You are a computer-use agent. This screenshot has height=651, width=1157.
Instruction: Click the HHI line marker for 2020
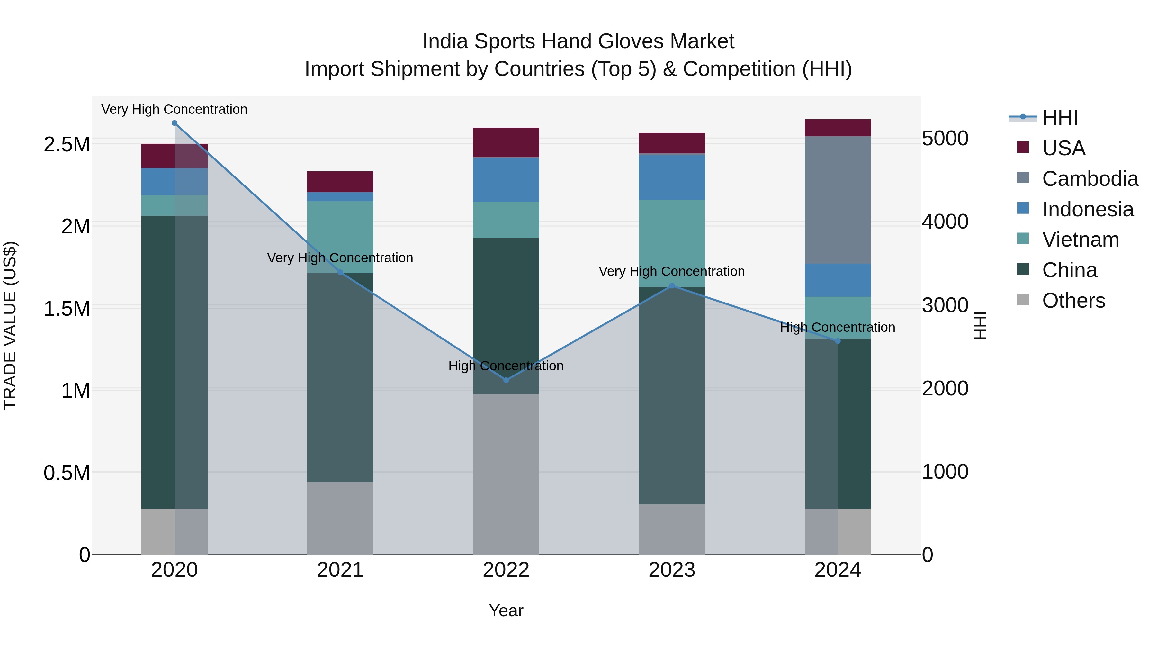tap(175, 123)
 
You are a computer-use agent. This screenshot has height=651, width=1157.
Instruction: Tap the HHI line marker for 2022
tap(506, 380)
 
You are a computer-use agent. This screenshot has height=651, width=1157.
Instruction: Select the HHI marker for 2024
tap(838, 341)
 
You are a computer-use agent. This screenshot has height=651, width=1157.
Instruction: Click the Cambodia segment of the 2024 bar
tap(838, 200)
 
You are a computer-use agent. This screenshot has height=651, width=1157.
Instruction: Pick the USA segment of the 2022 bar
tap(506, 142)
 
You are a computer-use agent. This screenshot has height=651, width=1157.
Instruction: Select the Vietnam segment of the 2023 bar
tap(672, 243)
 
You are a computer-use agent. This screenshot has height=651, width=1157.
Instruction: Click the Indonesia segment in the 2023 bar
tap(672, 177)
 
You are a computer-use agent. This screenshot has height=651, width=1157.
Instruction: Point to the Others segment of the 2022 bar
tap(506, 474)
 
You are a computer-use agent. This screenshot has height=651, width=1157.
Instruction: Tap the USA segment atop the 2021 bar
tap(340, 182)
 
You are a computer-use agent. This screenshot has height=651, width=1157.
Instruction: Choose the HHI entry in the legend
tap(1060, 118)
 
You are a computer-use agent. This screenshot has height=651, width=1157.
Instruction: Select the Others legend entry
tap(1073, 301)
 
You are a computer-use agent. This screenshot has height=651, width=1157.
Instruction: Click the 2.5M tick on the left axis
tap(67, 145)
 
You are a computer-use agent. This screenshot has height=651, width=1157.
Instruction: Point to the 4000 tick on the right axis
tap(945, 222)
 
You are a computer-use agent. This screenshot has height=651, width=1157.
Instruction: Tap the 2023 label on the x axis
tap(672, 570)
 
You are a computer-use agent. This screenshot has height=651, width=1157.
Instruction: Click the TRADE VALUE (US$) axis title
tap(10, 325)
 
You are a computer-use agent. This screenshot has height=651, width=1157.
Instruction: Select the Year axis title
tap(506, 610)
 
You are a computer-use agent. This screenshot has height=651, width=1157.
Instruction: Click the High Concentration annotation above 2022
tap(506, 366)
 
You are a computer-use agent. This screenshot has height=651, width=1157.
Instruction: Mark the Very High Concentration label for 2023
tap(672, 271)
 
